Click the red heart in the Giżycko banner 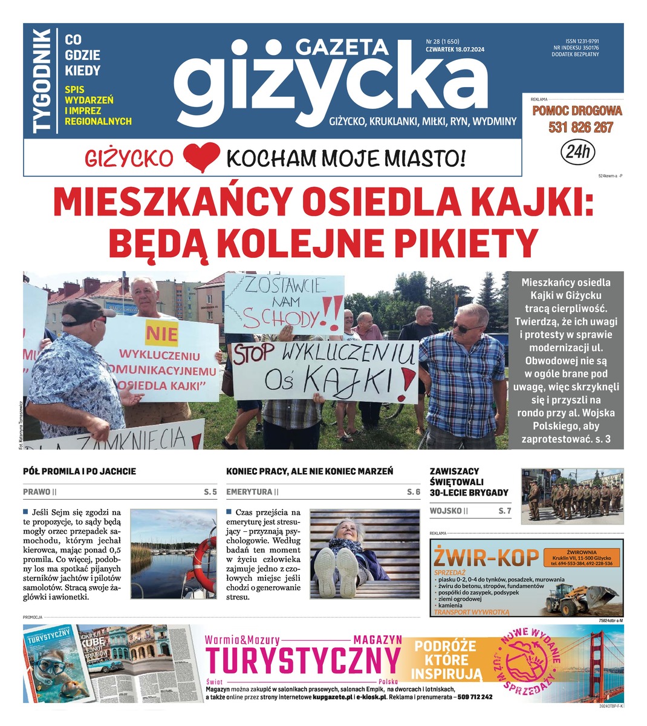[201, 158]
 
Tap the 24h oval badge [577, 152]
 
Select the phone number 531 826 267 [580, 128]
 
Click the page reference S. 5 [210, 492]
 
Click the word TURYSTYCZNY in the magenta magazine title [303, 661]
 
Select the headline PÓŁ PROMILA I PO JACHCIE [79, 471]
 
